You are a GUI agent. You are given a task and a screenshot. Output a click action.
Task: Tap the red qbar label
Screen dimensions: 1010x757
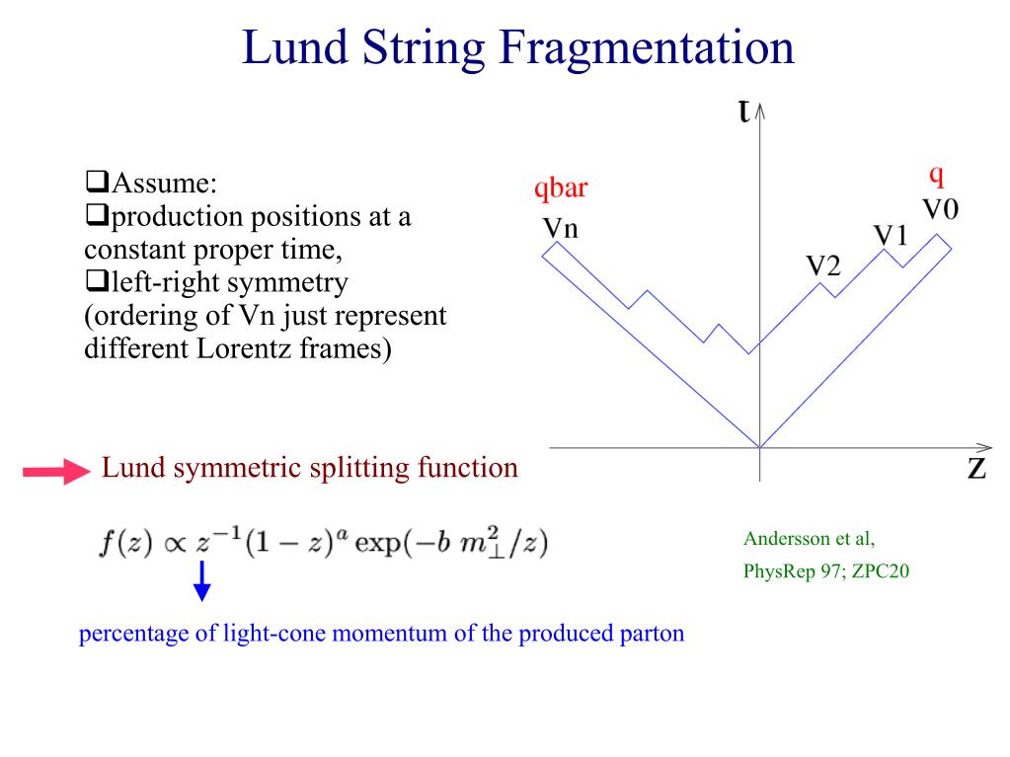pyautogui.click(x=561, y=188)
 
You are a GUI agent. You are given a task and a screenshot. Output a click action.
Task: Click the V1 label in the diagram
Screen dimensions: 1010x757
pyautogui.click(x=891, y=236)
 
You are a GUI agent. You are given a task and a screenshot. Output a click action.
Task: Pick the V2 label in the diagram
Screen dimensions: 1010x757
pyautogui.click(x=823, y=265)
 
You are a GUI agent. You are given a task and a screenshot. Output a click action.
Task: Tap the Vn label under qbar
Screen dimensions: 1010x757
pyautogui.click(x=561, y=229)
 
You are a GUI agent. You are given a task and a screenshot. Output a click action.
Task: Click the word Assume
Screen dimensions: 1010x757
pyautogui.click(x=164, y=185)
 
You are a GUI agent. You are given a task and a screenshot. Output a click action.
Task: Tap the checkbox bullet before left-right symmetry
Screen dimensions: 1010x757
pyautogui.click(x=96, y=283)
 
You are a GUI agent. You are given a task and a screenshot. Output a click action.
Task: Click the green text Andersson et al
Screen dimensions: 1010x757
pyautogui.click(x=809, y=540)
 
